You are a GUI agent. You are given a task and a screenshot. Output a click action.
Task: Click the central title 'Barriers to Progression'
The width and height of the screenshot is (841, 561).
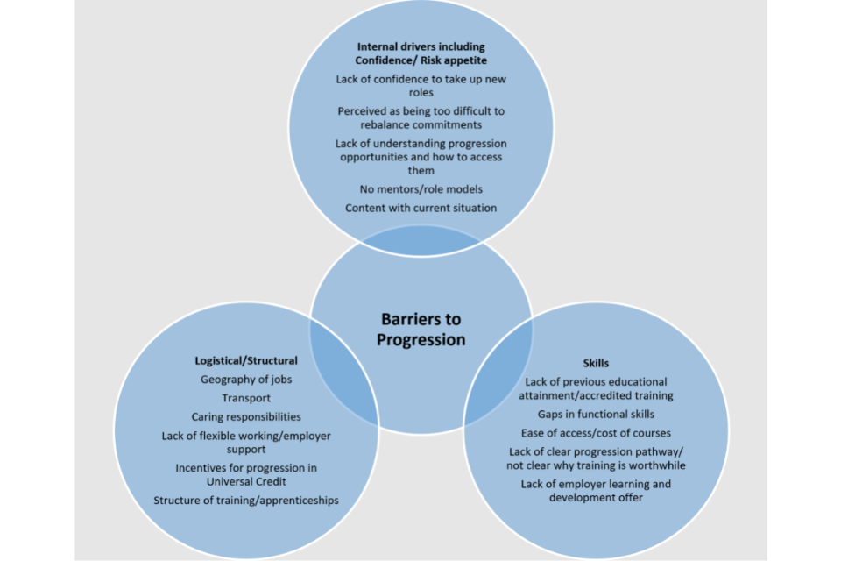point(420,330)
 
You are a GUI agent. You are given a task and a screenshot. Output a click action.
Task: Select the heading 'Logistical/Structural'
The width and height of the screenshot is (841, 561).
point(246,360)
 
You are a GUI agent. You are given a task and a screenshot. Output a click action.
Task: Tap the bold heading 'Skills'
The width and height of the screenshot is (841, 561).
point(596,362)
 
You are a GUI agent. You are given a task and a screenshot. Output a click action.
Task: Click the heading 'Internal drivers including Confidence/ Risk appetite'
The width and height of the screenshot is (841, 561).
point(420,53)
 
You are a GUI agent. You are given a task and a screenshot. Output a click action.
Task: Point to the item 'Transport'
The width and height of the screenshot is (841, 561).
point(246,398)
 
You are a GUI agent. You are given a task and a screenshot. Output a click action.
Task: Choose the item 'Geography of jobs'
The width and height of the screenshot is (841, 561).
point(246,380)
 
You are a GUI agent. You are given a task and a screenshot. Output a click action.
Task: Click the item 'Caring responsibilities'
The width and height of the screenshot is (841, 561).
point(246,416)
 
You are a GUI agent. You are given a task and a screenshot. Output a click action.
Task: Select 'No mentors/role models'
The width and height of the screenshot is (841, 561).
point(420,188)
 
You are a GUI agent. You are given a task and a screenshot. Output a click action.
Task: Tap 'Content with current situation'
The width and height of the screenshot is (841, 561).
point(420,208)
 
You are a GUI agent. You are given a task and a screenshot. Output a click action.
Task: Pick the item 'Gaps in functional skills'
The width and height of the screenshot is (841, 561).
point(596,414)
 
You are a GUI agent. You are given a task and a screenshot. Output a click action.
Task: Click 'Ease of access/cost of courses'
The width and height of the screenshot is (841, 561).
point(596,433)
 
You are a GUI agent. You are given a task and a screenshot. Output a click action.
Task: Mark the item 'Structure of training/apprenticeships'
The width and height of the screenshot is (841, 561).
point(246,501)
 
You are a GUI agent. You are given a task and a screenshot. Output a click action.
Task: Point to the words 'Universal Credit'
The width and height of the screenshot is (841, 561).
point(246,481)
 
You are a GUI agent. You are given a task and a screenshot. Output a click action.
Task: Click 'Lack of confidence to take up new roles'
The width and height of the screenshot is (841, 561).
point(420,85)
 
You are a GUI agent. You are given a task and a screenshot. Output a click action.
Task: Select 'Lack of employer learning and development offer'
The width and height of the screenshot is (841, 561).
point(596,490)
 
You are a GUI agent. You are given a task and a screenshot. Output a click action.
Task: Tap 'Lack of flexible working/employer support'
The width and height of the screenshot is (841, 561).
point(246,442)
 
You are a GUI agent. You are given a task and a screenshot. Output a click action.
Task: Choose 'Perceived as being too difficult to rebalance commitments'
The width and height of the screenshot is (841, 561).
point(420,117)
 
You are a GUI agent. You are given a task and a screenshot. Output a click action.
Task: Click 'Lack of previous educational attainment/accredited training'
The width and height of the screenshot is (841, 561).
point(596,388)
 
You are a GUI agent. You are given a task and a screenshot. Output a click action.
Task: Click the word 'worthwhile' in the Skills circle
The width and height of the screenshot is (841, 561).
point(654,465)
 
